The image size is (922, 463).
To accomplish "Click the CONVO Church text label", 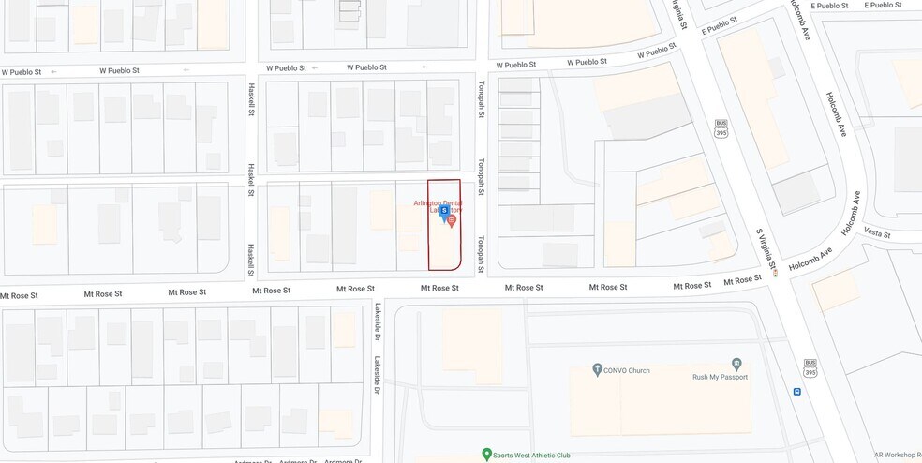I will pos(627,370).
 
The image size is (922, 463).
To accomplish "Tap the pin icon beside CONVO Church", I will pos(597,370).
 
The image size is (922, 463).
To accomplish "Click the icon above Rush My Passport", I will pos(736,364).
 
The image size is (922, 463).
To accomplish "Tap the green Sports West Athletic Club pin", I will pos(486,455).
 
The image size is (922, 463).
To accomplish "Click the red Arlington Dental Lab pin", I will pos(452,221).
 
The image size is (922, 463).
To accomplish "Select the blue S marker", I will pos(443,212).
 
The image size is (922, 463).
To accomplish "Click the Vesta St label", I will pos(878,234).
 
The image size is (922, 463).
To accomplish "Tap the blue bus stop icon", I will pos(796,392).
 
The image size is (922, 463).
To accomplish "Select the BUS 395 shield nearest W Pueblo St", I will pos(721,127).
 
